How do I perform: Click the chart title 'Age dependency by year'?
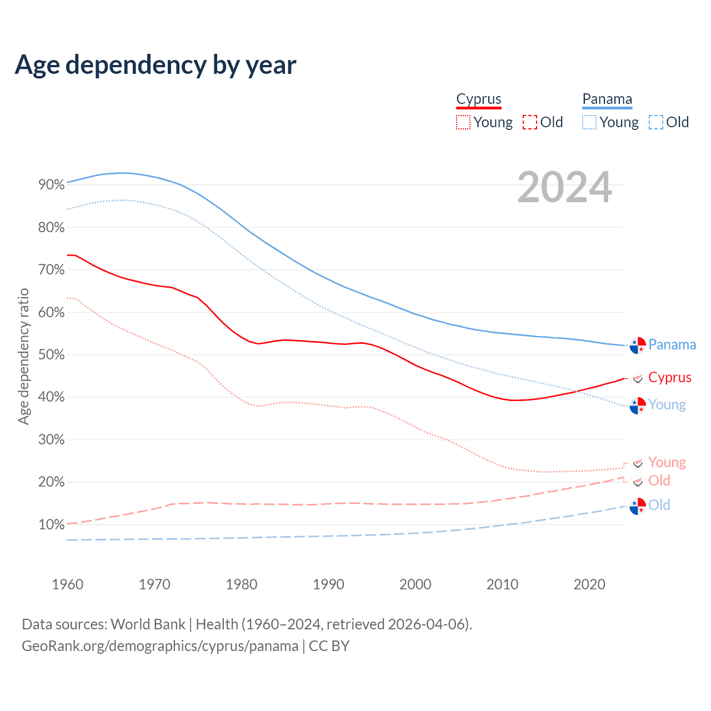156,65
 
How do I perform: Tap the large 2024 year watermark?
564,188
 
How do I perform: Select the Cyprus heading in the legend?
479,99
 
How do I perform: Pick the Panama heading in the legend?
607,99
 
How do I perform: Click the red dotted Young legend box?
463,122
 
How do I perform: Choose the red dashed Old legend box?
530,122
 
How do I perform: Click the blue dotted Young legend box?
589,122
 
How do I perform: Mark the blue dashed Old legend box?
656,122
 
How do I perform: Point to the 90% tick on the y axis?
52,185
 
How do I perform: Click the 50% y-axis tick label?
52,355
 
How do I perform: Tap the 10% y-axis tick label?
52,525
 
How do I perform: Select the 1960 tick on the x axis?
67,584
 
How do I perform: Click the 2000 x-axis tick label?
415,584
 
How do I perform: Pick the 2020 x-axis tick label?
589,584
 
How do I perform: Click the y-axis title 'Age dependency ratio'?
23,356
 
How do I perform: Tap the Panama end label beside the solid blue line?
672,345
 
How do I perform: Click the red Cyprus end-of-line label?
670,378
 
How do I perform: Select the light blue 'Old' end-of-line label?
659,505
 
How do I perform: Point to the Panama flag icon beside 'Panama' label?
638,345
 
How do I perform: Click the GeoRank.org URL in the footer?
160,646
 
